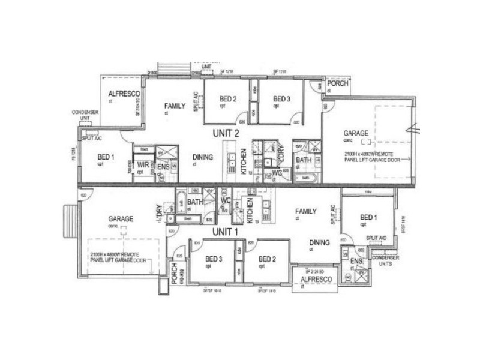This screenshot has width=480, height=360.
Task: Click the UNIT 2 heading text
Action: coord(226,133)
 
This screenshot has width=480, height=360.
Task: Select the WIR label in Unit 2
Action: coord(142,164)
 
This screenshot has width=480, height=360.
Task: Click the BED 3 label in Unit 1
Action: coord(208,259)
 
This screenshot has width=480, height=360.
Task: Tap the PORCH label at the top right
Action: coord(337,84)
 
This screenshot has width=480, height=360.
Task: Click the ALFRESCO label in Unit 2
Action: coord(124,95)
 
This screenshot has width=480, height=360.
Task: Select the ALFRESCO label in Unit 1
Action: coord(314,279)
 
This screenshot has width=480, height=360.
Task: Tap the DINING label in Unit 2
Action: coord(203,158)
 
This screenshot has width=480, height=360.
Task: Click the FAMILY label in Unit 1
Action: coord(306,211)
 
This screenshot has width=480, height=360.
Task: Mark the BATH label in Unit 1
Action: coord(194,202)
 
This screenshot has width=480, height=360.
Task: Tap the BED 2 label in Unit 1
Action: coord(267,259)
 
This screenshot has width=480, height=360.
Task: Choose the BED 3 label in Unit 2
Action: coord(282,99)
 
